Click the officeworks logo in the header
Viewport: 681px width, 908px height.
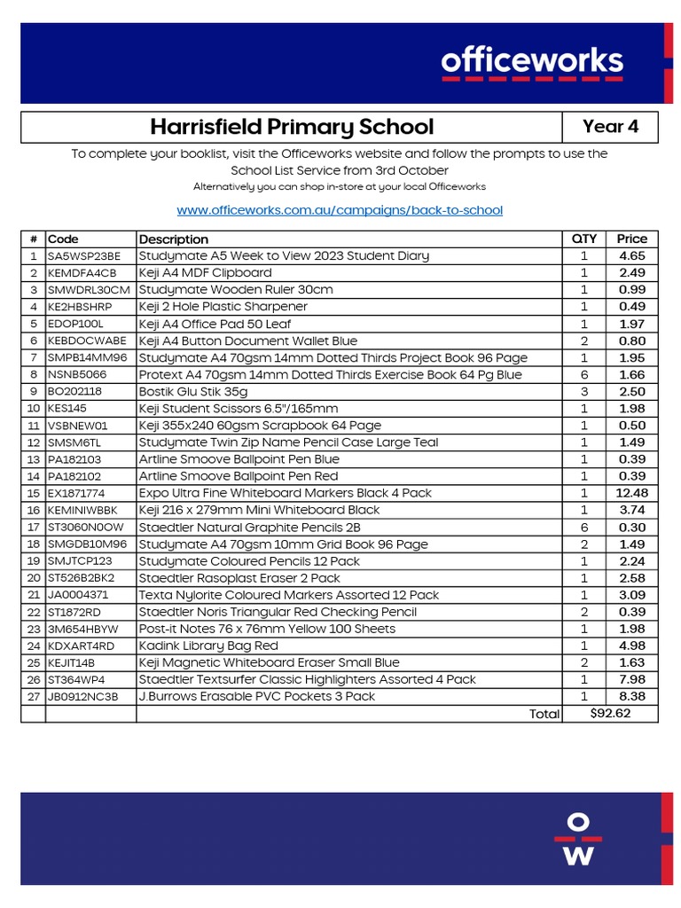[532, 63]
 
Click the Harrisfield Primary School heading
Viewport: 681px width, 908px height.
[292, 127]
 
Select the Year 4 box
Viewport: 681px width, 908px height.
[610, 127]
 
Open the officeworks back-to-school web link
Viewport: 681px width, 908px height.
[340, 210]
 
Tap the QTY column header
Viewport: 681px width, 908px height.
[584, 239]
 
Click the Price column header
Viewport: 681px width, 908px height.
[632, 239]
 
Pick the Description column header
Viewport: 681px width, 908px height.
[174, 239]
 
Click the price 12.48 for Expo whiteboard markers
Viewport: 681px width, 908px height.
[632, 493]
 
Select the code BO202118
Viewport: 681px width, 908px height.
[75, 391]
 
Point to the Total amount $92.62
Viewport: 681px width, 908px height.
[610, 714]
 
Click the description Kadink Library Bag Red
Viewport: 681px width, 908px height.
[208, 646]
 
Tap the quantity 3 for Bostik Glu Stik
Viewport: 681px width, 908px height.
[584, 391]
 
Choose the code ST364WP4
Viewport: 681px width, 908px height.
[77, 679]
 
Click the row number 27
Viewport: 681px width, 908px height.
[34, 696]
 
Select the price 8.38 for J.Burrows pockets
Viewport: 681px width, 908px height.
[632, 696]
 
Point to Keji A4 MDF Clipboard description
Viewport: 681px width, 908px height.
[206, 273]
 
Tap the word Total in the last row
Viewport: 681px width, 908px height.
[544, 714]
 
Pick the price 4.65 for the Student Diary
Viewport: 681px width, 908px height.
[632, 255]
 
